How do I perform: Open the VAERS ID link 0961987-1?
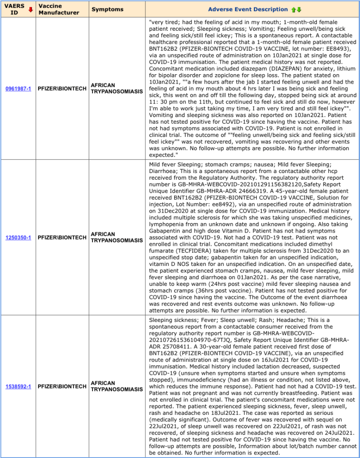click(18, 88)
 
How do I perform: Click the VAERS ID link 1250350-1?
click(18, 237)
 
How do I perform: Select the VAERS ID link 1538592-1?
click(18, 386)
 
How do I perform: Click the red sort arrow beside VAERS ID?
click(30, 9)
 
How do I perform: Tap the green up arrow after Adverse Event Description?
click(293, 9)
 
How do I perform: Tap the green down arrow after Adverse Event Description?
click(299, 9)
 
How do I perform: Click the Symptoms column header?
click(108, 9)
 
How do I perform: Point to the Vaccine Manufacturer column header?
click(59, 9)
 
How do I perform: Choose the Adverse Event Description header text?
click(248, 9)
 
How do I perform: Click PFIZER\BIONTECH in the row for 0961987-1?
click(62, 88)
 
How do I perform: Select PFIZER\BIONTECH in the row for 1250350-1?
click(62, 237)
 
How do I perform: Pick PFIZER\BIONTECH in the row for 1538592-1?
click(62, 386)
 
